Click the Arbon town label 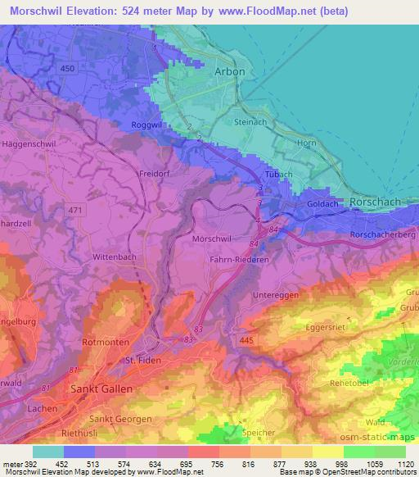pos(230,71)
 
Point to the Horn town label pos(307,143)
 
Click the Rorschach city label pos(373,201)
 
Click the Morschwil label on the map pos(210,238)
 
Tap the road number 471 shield pos(76,211)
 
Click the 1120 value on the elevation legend pos(403,464)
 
